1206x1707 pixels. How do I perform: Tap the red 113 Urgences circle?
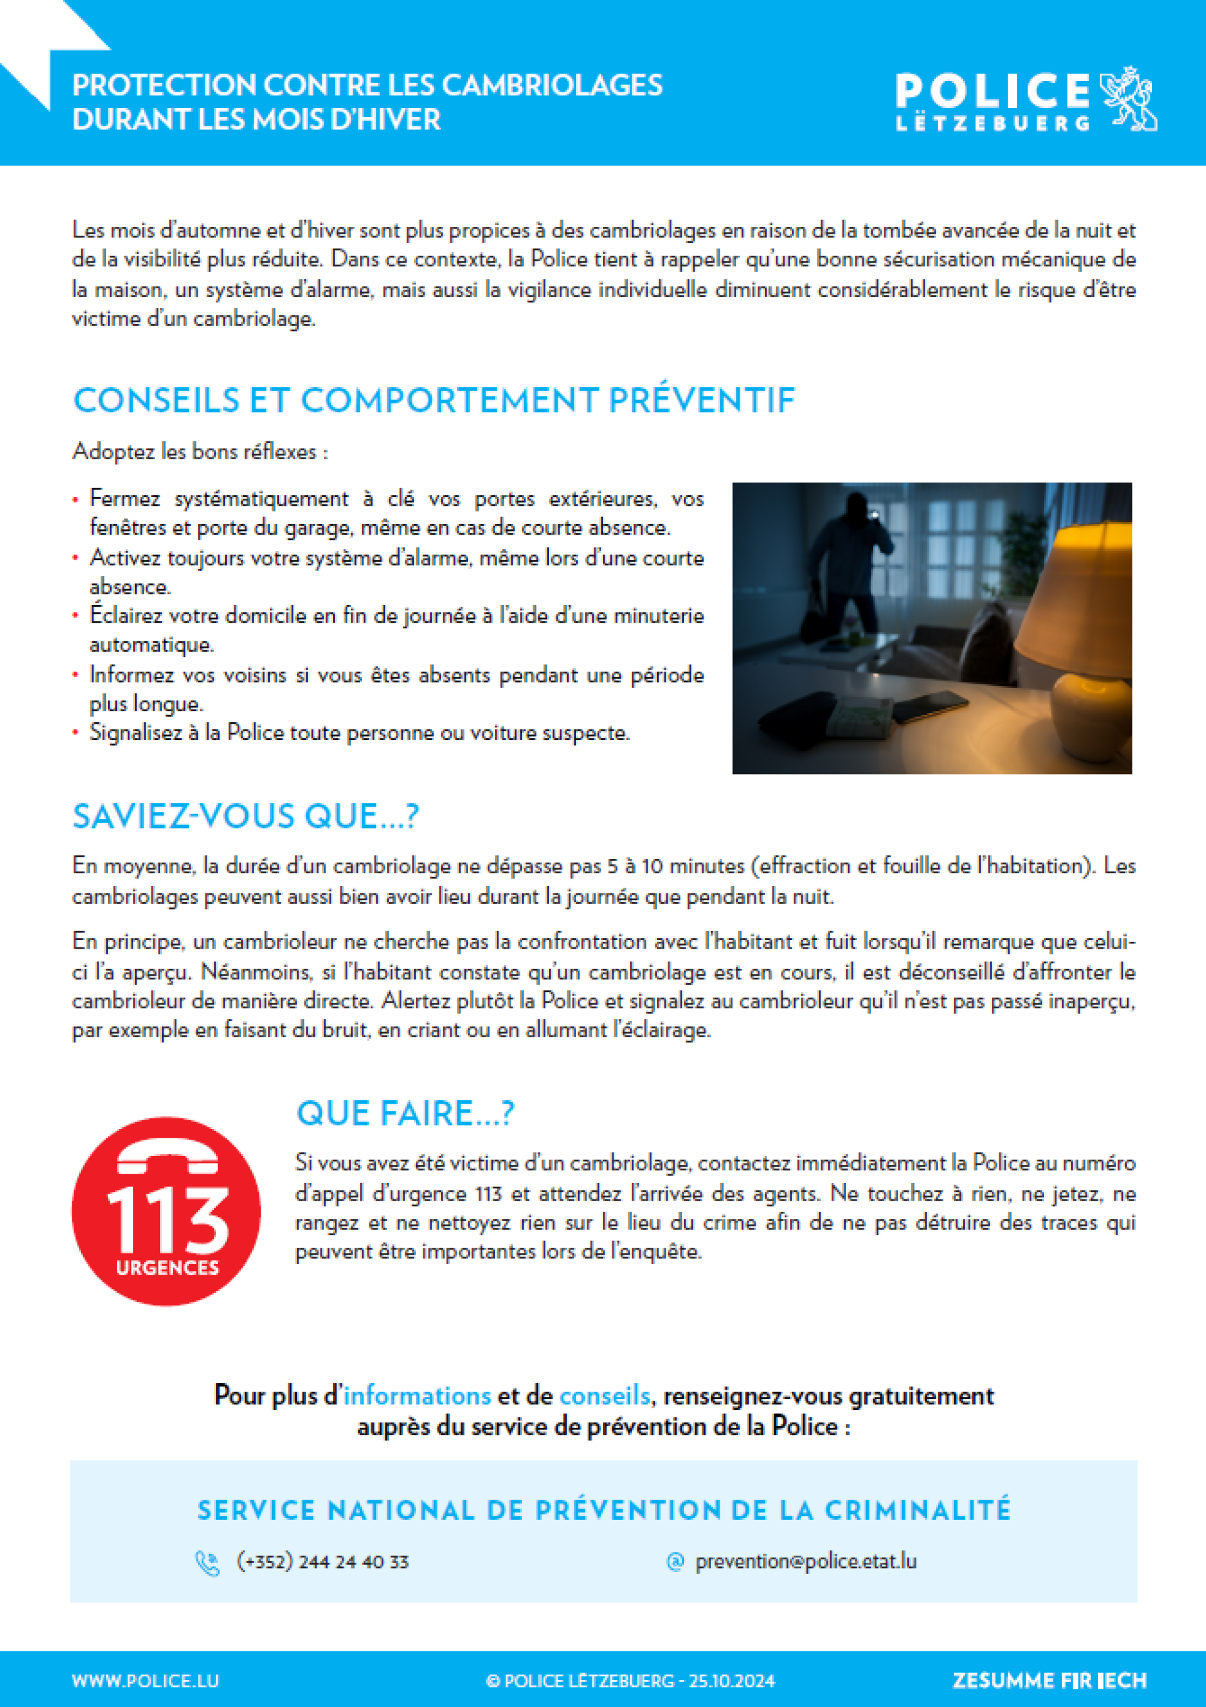tap(166, 1211)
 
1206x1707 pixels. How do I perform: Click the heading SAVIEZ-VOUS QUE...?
tap(246, 816)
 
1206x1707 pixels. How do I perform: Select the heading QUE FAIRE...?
tap(405, 1113)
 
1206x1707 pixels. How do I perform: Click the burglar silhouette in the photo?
tap(847, 565)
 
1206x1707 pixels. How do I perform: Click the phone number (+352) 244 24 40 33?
tap(323, 1561)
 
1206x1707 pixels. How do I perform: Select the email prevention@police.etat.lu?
tap(805, 1561)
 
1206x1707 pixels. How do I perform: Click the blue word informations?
tap(417, 1395)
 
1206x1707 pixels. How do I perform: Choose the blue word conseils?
tap(604, 1395)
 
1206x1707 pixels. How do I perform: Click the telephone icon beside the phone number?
tap(207, 1562)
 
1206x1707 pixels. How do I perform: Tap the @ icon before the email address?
tap(675, 1562)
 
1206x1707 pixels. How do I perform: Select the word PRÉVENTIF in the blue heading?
tap(702, 400)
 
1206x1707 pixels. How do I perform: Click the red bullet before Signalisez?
tap(76, 733)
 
